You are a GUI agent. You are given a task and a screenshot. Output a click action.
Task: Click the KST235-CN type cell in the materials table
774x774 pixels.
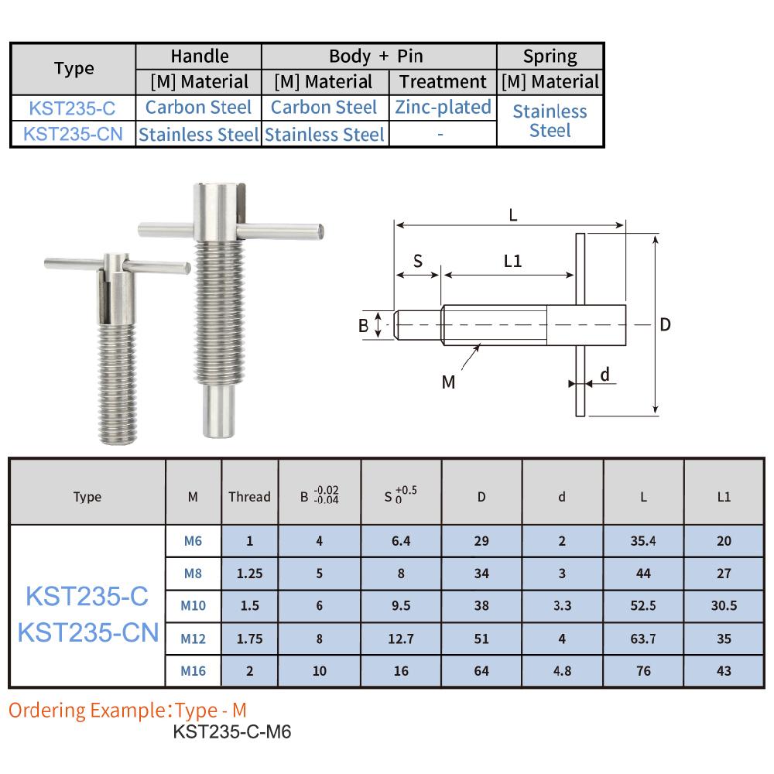74,133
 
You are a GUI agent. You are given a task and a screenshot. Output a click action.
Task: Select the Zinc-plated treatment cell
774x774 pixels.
443,107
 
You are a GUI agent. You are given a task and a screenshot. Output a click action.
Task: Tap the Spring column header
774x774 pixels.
550,56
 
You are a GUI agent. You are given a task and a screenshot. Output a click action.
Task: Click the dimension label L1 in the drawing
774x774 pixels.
512,261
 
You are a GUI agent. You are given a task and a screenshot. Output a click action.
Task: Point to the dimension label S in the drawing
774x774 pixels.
417,261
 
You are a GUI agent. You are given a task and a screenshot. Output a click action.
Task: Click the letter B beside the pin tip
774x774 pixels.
363,326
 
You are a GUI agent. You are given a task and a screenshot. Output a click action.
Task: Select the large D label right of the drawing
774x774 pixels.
665,324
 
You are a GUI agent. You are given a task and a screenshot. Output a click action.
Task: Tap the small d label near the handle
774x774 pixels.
605,375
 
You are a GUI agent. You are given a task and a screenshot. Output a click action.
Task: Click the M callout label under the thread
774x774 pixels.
449,382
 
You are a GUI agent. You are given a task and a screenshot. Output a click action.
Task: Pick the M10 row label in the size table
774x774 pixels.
193,606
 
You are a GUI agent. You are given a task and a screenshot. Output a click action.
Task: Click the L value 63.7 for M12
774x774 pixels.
643,639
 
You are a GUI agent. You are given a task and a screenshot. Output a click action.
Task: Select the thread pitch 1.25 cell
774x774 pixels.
250,574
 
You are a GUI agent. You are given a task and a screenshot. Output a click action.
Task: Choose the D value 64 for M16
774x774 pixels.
481,671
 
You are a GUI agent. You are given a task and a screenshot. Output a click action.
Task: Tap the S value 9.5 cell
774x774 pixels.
401,606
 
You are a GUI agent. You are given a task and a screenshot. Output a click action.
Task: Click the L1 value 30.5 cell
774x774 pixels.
724,606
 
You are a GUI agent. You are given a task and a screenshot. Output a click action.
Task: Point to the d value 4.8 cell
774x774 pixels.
563,671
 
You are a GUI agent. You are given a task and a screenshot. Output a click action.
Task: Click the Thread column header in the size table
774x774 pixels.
250,497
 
